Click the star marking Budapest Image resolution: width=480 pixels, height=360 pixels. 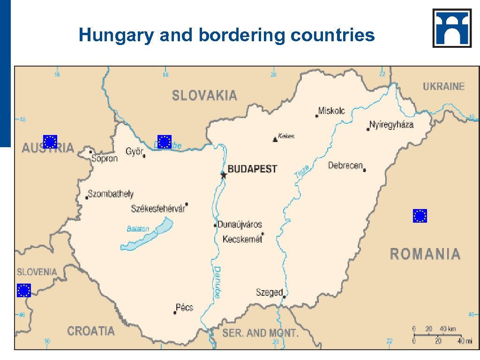[x=224, y=175]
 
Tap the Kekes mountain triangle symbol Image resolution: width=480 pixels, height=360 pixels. [x=275, y=139]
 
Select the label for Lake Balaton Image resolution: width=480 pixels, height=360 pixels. [x=138, y=229]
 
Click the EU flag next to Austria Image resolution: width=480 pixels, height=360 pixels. [x=50, y=142]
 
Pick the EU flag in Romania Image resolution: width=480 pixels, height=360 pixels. [x=420, y=216]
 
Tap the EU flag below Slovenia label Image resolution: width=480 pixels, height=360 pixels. [x=23, y=291]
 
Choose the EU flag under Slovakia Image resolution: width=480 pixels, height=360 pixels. [x=164, y=142]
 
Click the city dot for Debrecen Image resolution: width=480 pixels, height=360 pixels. [x=364, y=170]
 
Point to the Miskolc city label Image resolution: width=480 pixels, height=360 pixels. [x=331, y=111]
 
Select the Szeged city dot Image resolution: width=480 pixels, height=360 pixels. [x=284, y=297]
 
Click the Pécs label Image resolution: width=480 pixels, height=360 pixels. [x=184, y=307]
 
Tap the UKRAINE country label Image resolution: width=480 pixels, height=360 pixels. [x=443, y=86]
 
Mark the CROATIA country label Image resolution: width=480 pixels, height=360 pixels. [x=91, y=331]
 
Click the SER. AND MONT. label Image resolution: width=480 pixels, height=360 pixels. [x=260, y=333]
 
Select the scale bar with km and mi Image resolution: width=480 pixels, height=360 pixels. [x=437, y=334]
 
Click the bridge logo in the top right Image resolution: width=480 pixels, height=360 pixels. [x=452, y=28]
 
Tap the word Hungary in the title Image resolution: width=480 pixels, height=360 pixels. [x=116, y=35]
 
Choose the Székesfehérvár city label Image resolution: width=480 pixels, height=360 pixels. [x=157, y=209]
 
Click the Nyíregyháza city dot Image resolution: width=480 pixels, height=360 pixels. [x=368, y=129]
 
